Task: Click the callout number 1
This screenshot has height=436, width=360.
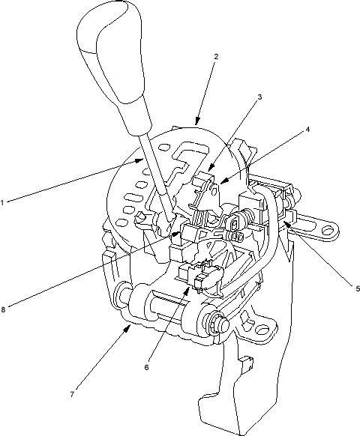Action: pyautogui.click(x=2, y=203)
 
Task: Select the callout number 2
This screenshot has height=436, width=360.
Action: pyautogui.click(x=216, y=57)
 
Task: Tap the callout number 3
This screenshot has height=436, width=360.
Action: pyautogui.click(x=259, y=97)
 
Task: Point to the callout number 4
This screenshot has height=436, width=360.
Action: pyautogui.click(x=307, y=130)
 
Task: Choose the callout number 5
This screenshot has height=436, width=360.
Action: pyautogui.click(x=358, y=288)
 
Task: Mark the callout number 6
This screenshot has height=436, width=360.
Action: pyautogui.click(x=147, y=367)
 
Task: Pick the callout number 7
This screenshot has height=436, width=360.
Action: pyautogui.click(x=72, y=394)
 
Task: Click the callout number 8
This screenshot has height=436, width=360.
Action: pyautogui.click(x=3, y=309)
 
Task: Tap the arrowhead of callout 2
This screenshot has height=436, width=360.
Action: pyautogui.click(x=197, y=121)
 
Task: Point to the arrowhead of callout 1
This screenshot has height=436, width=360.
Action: pyautogui.click(x=139, y=160)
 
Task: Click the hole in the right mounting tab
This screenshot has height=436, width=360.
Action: pyautogui.click(x=328, y=230)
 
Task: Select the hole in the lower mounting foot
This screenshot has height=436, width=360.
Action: pyautogui.click(x=262, y=330)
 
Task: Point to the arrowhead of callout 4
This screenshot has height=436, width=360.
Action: pyautogui.click(x=223, y=181)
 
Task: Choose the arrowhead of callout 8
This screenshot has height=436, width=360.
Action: pyautogui.click(x=176, y=234)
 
